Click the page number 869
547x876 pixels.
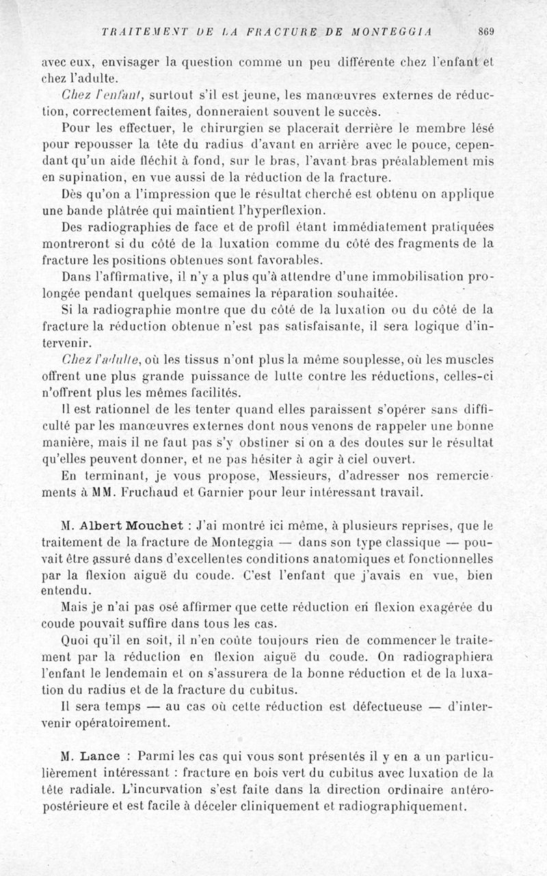tap(486, 31)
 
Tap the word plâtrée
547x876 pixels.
tap(158, 209)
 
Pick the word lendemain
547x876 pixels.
tap(150, 673)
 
